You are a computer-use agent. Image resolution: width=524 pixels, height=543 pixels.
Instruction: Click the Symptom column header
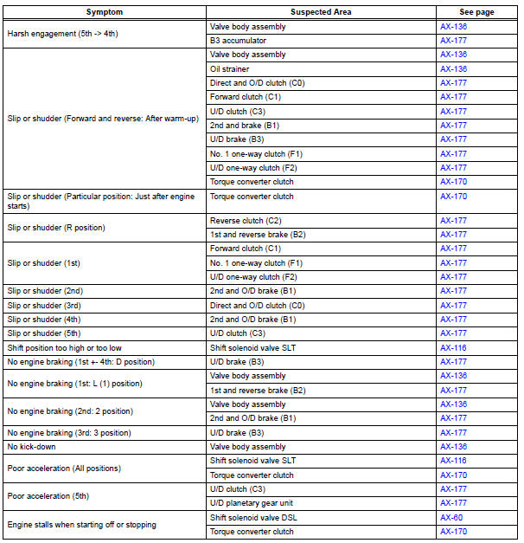point(105,13)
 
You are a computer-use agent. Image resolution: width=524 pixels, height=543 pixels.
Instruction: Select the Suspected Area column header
point(321,13)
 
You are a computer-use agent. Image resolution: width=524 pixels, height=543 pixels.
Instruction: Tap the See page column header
point(476,13)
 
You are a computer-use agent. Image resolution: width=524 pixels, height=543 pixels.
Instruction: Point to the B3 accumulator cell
point(238,41)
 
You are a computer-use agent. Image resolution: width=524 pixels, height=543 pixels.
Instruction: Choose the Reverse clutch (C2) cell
point(245,221)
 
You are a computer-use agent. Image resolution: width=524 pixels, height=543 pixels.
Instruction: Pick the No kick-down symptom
point(32,447)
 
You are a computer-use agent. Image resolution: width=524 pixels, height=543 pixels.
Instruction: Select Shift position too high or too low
point(64,347)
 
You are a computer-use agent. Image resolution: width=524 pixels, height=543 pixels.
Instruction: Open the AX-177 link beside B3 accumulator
point(454,41)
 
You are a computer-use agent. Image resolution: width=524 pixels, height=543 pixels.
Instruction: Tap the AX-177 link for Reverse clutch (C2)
point(454,221)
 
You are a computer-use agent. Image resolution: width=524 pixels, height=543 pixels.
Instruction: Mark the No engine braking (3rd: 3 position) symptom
point(68,432)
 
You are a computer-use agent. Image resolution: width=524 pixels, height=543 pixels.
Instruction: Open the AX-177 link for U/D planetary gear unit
point(454,502)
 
